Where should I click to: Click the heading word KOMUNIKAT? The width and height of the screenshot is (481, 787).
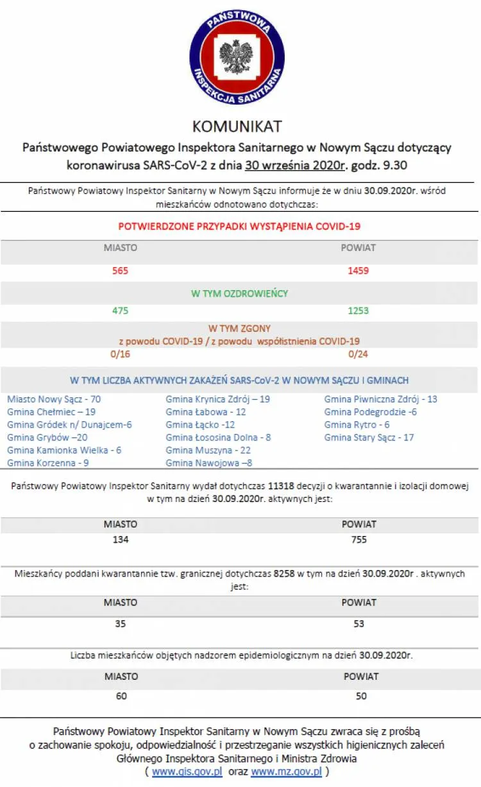click(x=237, y=126)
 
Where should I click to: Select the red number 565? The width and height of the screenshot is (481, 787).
click(x=120, y=271)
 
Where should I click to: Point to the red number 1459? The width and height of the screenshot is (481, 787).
click(x=358, y=271)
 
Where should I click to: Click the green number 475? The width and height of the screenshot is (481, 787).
click(x=120, y=311)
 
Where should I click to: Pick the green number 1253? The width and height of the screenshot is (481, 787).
click(x=358, y=311)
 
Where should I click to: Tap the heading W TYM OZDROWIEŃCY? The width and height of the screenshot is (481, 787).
click(x=239, y=293)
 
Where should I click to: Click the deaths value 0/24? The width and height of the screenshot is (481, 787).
click(x=358, y=354)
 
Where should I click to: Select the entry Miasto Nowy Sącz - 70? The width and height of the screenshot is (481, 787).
click(x=54, y=399)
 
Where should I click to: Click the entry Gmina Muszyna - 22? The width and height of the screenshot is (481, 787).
click(x=208, y=451)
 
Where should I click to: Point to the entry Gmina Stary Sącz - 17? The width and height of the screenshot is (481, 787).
click(x=369, y=438)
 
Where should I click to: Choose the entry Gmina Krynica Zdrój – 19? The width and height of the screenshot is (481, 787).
click(x=217, y=399)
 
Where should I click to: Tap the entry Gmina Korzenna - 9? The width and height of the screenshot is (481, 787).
click(x=47, y=463)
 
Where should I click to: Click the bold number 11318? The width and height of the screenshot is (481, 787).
click(x=282, y=486)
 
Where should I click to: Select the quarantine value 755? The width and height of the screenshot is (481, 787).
click(x=359, y=540)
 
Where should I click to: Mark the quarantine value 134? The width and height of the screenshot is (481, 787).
click(x=121, y=540)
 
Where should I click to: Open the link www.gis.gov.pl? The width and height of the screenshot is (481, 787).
click(x=187, y=772)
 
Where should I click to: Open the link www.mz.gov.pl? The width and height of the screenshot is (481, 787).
click(x=286, y=772)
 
